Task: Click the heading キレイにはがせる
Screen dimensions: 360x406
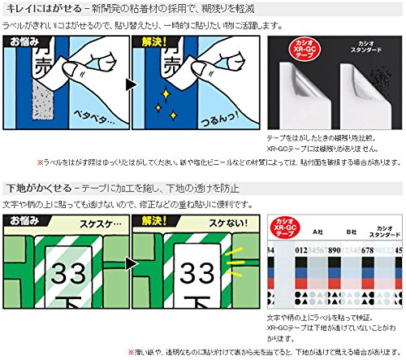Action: click(43, 8)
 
